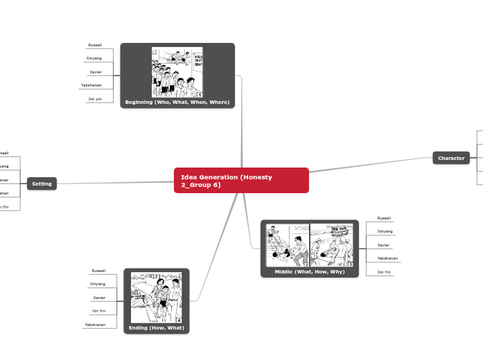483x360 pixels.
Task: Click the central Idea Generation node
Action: pos(240,180)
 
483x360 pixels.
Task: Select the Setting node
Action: pos(42,183)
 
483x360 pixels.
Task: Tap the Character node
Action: pos(451,158)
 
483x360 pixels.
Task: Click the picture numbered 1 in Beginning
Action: pos(177,72)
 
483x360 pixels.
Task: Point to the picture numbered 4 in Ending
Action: pos(157,297)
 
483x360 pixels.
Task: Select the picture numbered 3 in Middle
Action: pos(332,245)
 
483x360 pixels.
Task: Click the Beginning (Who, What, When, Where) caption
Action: pos(177,102)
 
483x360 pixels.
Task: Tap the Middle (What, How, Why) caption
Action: pos(309,271)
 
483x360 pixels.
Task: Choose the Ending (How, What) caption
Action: pos(157,327)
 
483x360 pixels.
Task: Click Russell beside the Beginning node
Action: pos(95,45)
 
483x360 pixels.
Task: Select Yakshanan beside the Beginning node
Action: pos(91,85)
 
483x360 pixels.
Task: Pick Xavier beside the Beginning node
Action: pos(96,72)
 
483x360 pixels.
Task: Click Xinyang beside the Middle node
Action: pos(385,231)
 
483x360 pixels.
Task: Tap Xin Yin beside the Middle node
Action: pos(384,272)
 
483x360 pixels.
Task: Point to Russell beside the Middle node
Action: pos(384,218)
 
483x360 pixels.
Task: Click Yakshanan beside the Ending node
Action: pos(96,324)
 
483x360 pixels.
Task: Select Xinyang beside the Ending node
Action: pos(98,284)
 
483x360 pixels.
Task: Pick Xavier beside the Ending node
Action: pos(99,298)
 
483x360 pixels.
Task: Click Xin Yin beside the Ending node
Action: pos(98,311)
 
